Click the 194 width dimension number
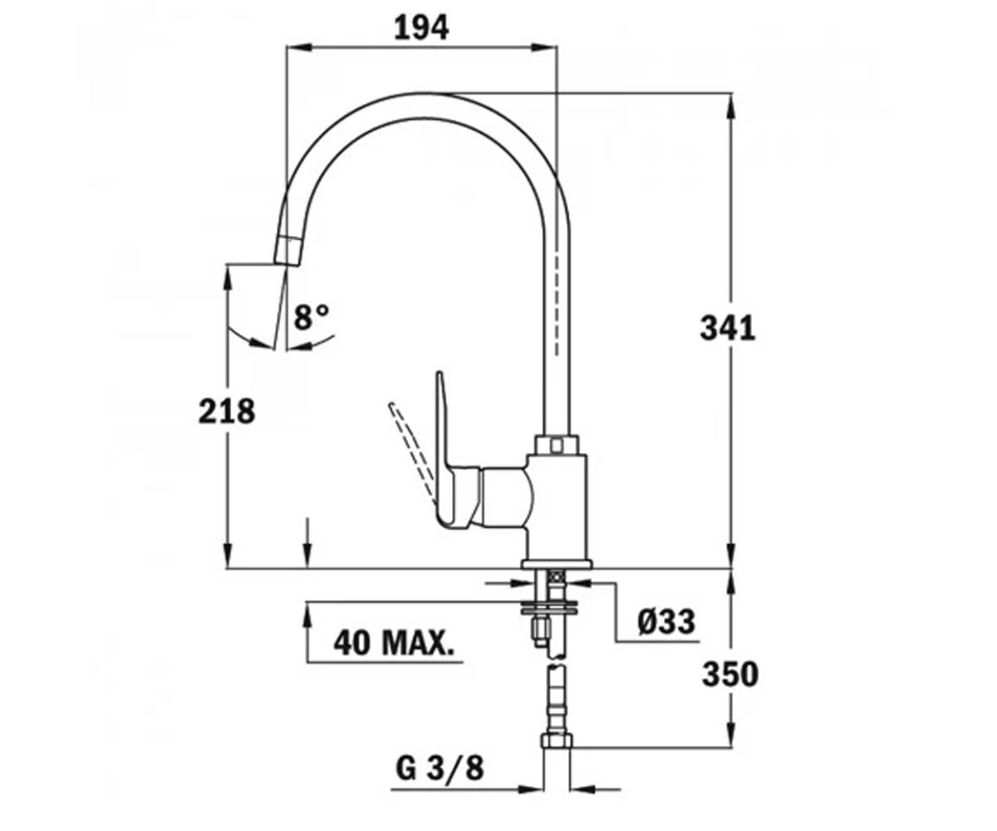pos(421,28)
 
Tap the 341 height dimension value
pos(728,328)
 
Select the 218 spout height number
pos(227,411)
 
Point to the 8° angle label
pos(312,317)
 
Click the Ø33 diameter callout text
pos(666,622)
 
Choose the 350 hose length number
pos(730,674)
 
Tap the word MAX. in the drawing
pos(419,643)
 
